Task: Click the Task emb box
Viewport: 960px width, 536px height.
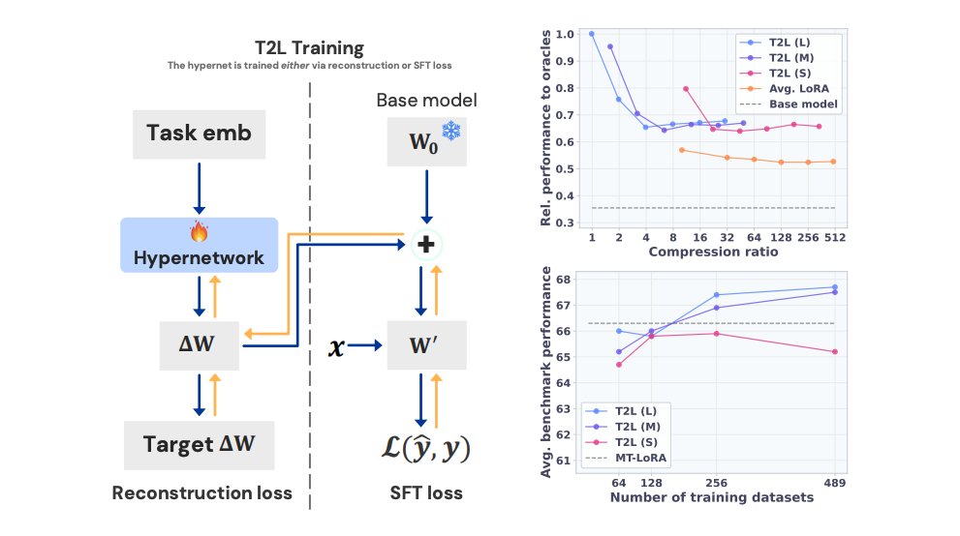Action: coord(199,133)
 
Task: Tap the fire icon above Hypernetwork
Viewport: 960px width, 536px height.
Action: coord(200,232)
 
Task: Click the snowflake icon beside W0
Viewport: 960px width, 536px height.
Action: coord(451,132)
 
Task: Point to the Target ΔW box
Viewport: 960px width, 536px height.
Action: coord(199,446)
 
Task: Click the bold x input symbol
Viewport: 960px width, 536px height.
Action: coord(337,344)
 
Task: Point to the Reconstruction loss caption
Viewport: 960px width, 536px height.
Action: coord(201,493)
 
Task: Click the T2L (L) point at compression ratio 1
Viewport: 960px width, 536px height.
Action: coord(591,34)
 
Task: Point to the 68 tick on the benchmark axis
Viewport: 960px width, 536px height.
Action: coord(565,280)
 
